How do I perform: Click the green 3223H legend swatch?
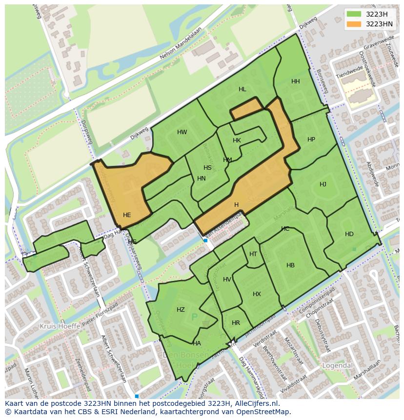tap(354, 14)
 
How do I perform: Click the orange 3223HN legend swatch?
tap(354, 24)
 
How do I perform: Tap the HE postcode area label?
tap(127, 215)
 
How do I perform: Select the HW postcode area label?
tap(182, 132)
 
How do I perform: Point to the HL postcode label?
tap(242, 89)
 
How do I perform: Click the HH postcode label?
tap(295, 81)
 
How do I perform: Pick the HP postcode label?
tap(311, 140)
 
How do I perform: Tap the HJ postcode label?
tap(323, 184)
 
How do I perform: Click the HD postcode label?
tap(349, 234)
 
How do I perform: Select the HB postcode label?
tap(290, 265)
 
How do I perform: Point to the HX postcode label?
tap(257, 294)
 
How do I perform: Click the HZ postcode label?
tap(181, 310)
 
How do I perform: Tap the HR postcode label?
tap(236, 323)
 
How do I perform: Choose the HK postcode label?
tap(237, 140)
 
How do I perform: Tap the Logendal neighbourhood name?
tap(337, 365)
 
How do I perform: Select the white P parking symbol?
tap(194, 318)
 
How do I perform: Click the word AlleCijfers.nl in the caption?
tap(254, 403)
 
